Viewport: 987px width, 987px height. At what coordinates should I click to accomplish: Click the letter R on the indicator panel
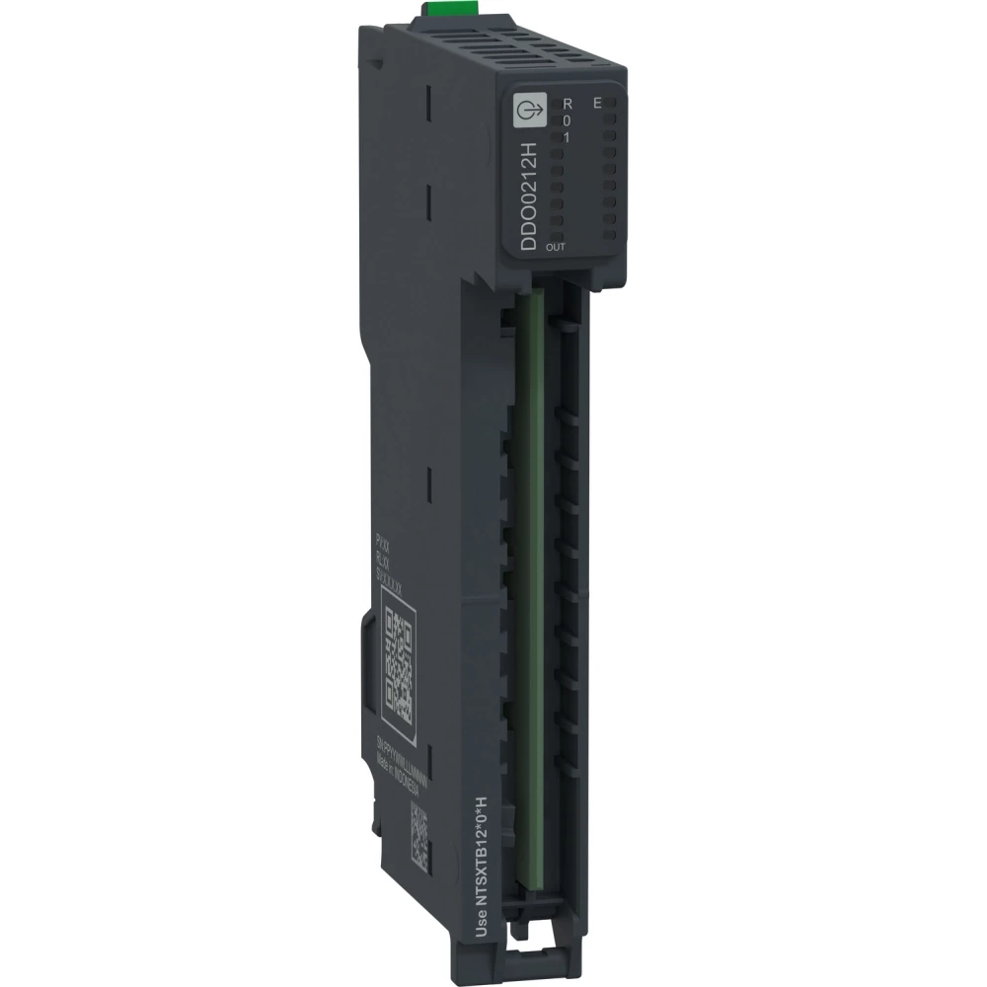567,104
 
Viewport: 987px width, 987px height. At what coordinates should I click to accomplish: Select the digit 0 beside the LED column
567,119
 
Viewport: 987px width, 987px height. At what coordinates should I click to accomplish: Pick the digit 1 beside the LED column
567,137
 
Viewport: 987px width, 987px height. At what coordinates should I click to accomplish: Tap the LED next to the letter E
610,104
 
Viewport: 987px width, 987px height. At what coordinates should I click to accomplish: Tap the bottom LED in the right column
610,234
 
